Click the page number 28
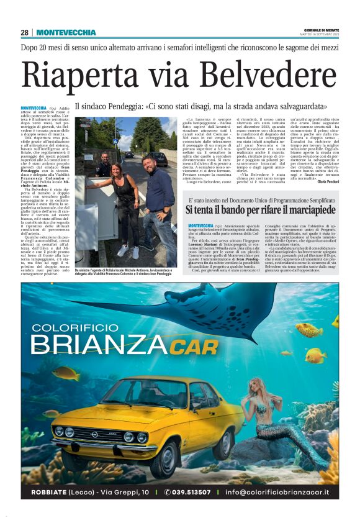tap(24, 32)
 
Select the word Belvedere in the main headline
tap(268, 75)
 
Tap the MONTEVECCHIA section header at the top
tap(66, 32)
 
